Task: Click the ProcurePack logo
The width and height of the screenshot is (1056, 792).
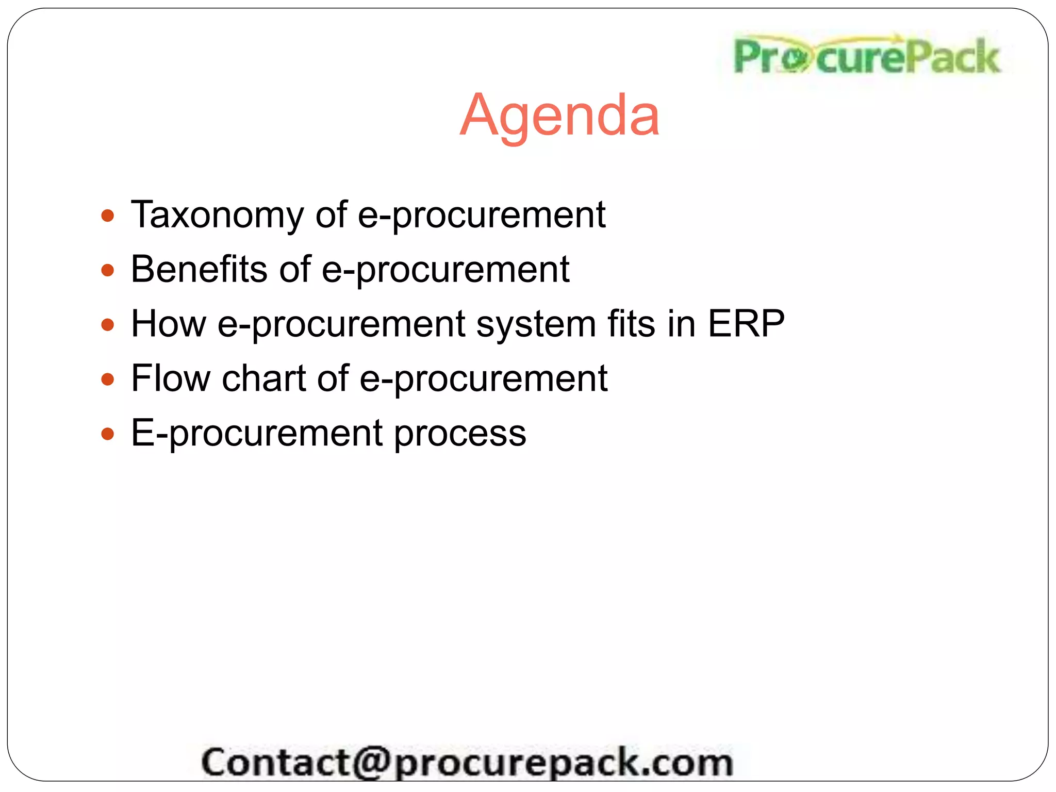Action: tap(866, 57)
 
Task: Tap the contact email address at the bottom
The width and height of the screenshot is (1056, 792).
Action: tap(467, 762)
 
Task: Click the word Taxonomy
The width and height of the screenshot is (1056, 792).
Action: tap(217, 215)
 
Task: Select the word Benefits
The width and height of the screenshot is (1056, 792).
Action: tap(199, 269)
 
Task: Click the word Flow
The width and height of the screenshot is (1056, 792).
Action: tap(171, 378)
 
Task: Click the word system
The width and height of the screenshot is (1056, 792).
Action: tap(536, 325)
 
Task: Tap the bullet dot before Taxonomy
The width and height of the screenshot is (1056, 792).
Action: tap(107, 216)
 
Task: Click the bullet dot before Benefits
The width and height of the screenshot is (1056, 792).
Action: tap(107, 270)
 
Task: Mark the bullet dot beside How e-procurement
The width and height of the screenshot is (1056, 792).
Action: tap(107, 325)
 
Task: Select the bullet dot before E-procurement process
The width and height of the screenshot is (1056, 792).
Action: tap(107, 434)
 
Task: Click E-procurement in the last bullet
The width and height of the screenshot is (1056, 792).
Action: tap(257, 433)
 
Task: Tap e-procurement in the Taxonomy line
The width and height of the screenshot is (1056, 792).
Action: tap(481, 216)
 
